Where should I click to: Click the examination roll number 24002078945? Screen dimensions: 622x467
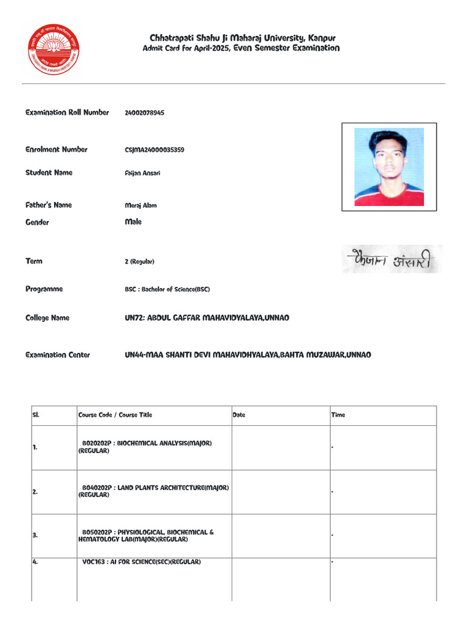(144, 113)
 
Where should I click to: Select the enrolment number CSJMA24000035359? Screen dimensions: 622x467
(154, 150)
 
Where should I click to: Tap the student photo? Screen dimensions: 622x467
(389, 166)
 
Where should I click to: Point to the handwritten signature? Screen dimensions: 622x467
(391, 259)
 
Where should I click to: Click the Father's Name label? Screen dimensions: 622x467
(49, 205)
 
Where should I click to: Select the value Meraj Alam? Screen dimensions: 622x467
(140, 205)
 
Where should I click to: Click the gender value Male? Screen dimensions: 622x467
(133, 222)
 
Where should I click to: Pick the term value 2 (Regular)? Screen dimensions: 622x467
(139, 262)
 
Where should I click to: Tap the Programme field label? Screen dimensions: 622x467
(44, 289)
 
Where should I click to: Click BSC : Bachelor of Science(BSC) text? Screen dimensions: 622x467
(167, 290)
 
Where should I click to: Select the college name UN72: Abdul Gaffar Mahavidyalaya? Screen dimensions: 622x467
(207, 318)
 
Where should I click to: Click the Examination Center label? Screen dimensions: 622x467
(57, 355)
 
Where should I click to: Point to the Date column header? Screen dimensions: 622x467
(239, 415)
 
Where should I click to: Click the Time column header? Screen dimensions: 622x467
(338, 415)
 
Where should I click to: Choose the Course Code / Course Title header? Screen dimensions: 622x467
(115, 415)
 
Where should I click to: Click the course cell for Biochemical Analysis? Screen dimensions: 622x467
(146, 447)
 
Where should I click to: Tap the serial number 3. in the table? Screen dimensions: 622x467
(35, 536)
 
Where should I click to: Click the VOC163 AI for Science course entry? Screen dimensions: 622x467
(141, 562)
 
